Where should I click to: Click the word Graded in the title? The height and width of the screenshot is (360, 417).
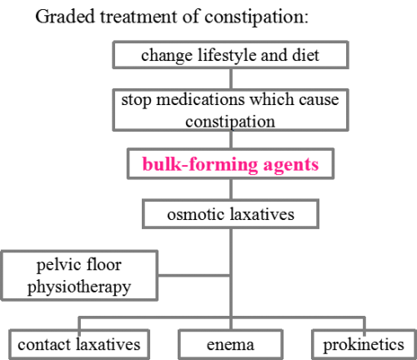[x=65, y=17]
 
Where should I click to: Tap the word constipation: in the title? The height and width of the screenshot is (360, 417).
[x=256, y=17]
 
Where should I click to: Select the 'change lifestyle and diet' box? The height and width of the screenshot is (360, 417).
[x=230, y=55]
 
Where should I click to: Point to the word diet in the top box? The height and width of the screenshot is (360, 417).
[x=305, y=55]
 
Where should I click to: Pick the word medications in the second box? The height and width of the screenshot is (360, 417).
[x=200, y=99]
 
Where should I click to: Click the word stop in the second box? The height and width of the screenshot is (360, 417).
[x=136, y=101]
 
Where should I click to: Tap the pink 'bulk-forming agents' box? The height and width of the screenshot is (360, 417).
[x=230, y=164]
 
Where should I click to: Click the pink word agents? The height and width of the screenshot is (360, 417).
[x=291, y=166]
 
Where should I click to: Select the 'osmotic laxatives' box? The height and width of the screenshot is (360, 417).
[x=230, y=214]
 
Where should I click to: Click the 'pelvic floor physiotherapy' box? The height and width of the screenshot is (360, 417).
[x=79, y=276]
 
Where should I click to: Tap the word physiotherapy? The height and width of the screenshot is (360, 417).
[x=79, y=287]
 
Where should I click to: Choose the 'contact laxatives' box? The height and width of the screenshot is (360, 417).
[x=79, y=344]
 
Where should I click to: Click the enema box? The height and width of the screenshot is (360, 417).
[x=230, y=344]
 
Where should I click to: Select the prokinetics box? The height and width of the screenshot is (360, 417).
[x=364, y=344]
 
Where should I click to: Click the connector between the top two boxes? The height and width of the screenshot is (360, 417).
[x=231, y=79]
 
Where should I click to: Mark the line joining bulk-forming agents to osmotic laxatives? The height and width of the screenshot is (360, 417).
[x=231, y=189]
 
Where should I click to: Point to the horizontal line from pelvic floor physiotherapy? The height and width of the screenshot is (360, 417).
[x=194, y=276]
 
